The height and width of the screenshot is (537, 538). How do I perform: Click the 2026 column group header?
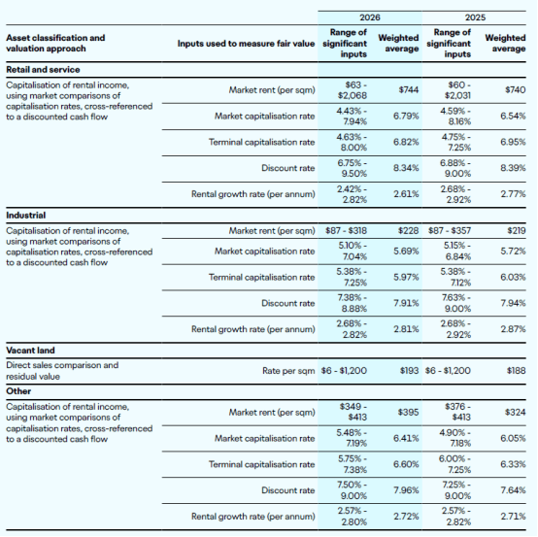tap(370, 17)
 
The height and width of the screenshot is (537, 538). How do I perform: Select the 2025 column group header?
tap(475, 17)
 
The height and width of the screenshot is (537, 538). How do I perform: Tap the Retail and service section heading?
tap(43, 70)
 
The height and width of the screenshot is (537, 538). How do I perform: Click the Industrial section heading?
tap(25, 216)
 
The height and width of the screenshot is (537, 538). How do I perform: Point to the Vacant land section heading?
tap(30, 351)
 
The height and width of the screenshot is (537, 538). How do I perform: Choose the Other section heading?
tap(18, 391)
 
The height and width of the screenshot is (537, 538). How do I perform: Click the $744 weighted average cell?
tap(409, 90)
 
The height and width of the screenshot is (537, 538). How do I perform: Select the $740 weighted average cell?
tap(516, 90)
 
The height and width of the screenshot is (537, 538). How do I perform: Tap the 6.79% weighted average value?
tap(406, 116)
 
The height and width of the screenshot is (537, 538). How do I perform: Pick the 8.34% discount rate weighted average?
tap(406, 168)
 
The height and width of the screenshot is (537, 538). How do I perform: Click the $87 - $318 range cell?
tap(346, 230)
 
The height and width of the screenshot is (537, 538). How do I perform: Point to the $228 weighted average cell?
tap(408, 230)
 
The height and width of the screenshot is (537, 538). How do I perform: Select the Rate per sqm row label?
tap(288, 371)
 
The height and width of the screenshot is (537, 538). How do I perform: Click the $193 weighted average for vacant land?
tap(410, 371)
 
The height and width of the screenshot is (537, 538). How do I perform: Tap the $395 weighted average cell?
tap(408, 412)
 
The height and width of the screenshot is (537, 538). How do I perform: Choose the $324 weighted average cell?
tap(516, 412)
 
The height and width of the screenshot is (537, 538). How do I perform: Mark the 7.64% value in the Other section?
tap(513, 490)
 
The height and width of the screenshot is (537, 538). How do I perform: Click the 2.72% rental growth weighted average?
tap(406, 517)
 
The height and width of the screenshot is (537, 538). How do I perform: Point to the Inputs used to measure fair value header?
tap(246, 44)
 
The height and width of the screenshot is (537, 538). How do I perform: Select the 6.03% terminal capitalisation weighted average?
tap(513, 278)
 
